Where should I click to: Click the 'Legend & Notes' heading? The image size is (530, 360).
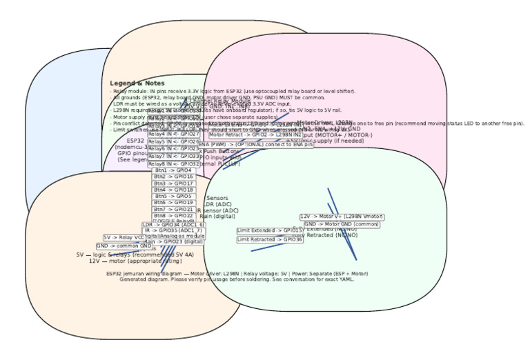(137, 83)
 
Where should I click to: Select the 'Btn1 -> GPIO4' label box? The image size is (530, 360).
(173, 170)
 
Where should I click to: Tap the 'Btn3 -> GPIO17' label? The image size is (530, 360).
(173, 183)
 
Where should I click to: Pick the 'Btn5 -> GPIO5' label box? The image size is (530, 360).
(173, 197)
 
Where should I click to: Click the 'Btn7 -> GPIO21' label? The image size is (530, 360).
(173, 209)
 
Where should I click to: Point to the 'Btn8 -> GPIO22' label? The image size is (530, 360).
(173, 216)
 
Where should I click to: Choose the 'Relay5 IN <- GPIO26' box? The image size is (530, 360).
(173, 141)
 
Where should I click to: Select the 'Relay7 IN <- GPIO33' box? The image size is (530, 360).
(173, 157)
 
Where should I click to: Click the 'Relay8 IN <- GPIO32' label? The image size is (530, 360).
(173, 164)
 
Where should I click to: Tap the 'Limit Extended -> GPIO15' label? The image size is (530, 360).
(270, 230)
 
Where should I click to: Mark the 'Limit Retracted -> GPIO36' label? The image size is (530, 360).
(270, 240)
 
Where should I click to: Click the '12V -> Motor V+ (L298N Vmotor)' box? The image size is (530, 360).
(342, 217)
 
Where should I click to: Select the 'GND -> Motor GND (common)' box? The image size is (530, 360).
(342, 224)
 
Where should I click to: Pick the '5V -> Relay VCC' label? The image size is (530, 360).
(124, 237)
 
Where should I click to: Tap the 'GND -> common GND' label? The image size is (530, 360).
(124, 246)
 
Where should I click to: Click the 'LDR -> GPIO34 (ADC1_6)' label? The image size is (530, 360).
(173, 225)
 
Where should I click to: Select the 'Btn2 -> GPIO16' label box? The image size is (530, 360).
(173, 177)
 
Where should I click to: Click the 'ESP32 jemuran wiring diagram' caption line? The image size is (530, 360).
(237, 273)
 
